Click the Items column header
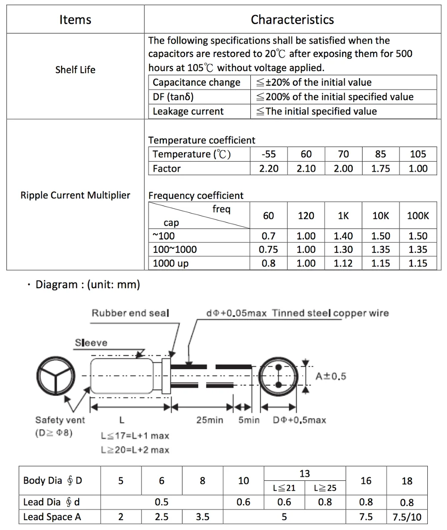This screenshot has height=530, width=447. (75, 20)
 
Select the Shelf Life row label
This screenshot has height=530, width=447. (75, 70)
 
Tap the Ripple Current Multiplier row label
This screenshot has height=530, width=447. (75, 195)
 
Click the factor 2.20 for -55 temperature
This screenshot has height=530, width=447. (269, 168)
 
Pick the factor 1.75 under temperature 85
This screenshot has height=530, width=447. (380, 168)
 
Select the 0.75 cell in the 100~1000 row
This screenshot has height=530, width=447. (269, 250)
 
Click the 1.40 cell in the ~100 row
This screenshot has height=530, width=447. (343, 236)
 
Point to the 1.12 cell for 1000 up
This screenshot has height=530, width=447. (343, 263)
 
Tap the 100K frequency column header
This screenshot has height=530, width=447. (417, 215)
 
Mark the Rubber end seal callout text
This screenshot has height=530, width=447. (131, 313)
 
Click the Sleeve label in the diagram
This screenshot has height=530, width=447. (91, 343)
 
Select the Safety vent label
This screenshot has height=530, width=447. (60, 420)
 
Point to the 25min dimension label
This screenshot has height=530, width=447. (210, 420)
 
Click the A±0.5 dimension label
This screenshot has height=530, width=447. (331, 376)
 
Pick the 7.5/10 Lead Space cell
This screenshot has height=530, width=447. (407, 517)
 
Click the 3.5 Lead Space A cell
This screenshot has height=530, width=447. (202, 517)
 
